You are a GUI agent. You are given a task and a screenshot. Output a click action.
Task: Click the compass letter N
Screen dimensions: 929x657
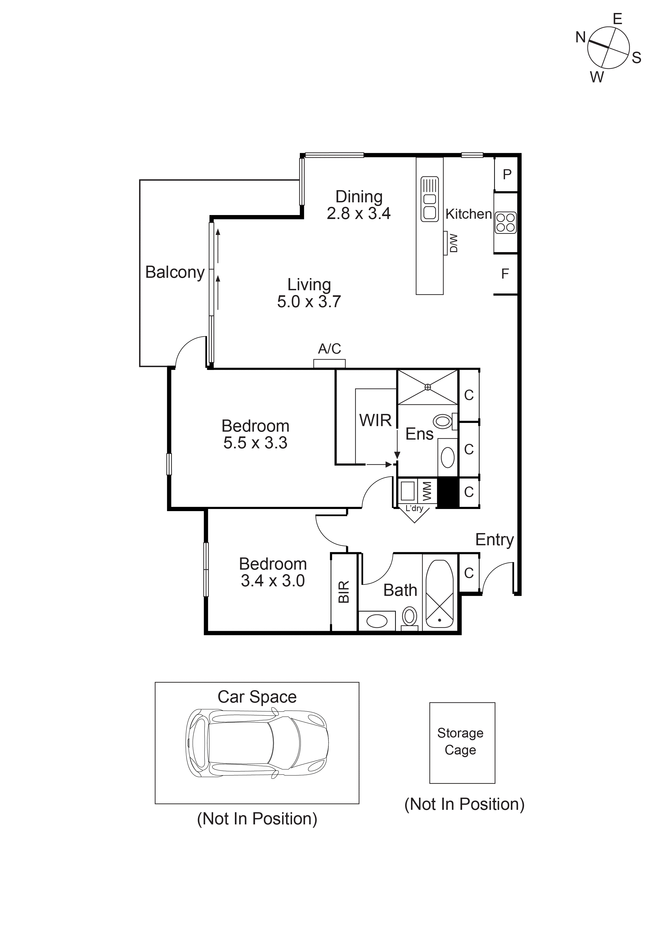pyautogui.click(x=580, y=37)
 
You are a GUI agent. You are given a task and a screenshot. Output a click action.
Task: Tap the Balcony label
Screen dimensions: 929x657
pyautogui.click(x=175, y=272)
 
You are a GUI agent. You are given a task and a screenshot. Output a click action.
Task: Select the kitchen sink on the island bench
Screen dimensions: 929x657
pyautogui.click(x=430, y=199)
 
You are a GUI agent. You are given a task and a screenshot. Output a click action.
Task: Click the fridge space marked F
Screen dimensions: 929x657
pyautogui.click(x=505, y=274)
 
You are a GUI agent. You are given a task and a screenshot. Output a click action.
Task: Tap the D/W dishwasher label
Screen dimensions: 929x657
pyautogui.click(x=454, y=243)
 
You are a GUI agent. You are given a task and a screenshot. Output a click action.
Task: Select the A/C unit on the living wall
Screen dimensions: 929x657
pyautogui.click(x=329, y=363)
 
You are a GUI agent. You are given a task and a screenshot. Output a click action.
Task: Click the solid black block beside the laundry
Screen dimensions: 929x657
pyautogui.click(x=448, y=492)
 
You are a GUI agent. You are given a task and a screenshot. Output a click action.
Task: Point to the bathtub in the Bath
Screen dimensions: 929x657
pyautogui.click(x=440, y=593)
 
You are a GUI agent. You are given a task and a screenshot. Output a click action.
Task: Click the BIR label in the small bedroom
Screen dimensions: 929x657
pyautogui.click(x=343, y=592)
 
